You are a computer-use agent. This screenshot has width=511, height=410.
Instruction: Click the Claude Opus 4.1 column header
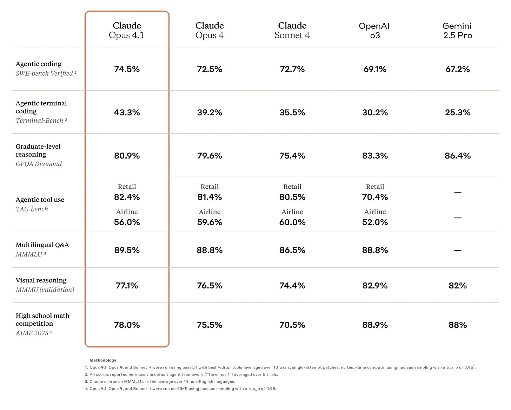[x=127, y=31]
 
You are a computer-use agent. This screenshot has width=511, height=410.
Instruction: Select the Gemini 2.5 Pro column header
[x=457, y=31]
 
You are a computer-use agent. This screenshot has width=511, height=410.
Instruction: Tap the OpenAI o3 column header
[x=374, y=31]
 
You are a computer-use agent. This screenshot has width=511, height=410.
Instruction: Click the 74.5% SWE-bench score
[x=127, y=69]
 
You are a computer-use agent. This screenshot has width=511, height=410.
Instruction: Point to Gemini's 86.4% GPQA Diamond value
[x=457, y=156]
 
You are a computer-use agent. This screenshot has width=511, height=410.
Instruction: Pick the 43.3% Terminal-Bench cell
[x=127, y=112]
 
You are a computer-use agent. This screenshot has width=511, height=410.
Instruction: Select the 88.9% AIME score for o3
[x=375, y=325]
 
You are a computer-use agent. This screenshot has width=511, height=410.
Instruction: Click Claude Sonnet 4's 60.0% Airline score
[x=292, y=222]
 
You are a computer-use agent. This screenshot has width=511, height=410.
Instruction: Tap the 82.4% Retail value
[x=127, y=197]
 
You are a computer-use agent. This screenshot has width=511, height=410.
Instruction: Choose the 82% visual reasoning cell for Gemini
[x=457, y=286]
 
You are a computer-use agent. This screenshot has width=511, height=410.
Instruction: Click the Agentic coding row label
[x=39, y=64]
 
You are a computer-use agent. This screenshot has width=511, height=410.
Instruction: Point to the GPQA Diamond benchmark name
[x=39, y=164]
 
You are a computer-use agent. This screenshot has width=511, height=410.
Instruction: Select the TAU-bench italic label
[x=32, y=209]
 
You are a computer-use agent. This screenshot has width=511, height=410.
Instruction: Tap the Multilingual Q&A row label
[x=42, y=245]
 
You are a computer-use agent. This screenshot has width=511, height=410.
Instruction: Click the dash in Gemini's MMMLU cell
[x=457, y=250]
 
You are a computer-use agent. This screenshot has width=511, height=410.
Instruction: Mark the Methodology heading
[x=103, y=360]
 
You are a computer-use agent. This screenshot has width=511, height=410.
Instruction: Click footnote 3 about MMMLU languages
[x=162, y=382]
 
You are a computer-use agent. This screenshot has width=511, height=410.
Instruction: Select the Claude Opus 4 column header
[x=210, y=31]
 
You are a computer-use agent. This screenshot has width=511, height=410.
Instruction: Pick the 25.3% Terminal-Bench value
[x=457, y=112]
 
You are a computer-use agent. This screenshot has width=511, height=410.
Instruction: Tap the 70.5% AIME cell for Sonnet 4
[x=292, y=325]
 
